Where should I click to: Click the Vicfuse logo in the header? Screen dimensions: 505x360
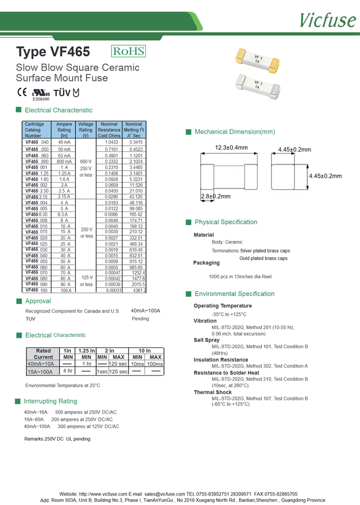point(327,19)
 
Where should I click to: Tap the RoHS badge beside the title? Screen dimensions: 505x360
point(128,51)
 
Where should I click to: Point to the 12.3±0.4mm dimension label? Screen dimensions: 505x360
point(231,148)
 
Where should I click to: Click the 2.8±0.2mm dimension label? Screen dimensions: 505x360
point(215,196)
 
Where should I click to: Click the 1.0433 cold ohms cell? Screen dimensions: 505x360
point(111,143)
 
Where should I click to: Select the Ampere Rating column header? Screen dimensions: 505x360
point(64,130)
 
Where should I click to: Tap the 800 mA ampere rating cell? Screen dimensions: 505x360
point(64,161)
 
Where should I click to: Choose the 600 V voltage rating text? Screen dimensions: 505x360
point(86,161)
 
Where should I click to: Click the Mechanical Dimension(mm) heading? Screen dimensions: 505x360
point(234,132)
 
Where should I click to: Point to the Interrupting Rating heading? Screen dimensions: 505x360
point(50,401)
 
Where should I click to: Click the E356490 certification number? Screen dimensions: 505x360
point(41,99)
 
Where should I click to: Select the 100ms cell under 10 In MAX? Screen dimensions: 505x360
point(155,364)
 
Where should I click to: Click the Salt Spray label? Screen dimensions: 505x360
point(207,340)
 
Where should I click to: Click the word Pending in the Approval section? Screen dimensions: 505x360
point(140,319)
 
